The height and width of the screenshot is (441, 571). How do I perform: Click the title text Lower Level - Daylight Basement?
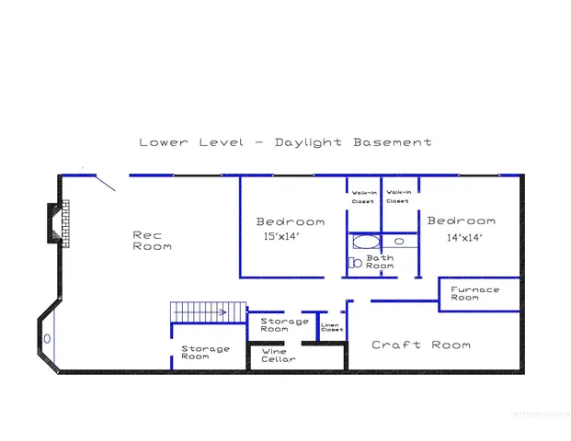point(285,142)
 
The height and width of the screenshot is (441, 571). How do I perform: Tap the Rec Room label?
point(152,241)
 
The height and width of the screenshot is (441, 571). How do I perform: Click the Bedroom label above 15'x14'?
point(290,221)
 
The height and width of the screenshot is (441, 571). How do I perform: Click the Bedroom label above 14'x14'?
point(461,220)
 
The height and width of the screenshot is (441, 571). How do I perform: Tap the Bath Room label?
point(380,263)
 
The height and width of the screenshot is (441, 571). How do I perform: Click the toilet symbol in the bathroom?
point(354,263)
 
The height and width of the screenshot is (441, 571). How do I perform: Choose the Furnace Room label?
point(474,294)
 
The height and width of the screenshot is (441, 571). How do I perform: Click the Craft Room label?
point(420,345)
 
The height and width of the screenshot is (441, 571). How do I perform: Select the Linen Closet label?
point(330,327)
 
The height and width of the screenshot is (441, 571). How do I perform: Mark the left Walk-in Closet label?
point(363,197)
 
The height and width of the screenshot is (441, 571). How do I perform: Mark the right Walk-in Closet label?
point(398,197)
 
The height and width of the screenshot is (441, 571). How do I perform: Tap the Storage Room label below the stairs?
point(204,352)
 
